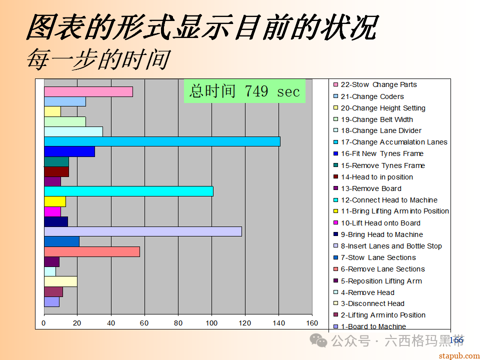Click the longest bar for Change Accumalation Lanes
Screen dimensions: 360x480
click(x=162, y=141)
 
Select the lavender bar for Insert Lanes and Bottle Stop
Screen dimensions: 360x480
click(x=142, y=231)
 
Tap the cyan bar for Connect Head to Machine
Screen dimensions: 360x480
click(x=128, y=191)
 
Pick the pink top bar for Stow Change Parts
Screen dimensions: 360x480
click(x=88, y=92)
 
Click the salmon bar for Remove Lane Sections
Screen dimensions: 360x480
click(x=92, y=251)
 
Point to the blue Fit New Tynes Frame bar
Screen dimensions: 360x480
click(x=69, y=151)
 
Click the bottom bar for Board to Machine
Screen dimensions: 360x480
click(x=51, y=302)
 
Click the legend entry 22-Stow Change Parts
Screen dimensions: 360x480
click(x=378, y=85)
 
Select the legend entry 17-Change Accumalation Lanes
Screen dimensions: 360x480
click(x=393, y=142)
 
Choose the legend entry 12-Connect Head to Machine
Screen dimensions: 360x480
click(x=389, y=200)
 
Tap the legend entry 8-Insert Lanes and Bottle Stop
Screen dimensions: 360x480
click(x=391, y=246)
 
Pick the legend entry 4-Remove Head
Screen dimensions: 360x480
click(x=367, y=292)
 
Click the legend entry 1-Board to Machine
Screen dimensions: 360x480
click(x=373, y=326)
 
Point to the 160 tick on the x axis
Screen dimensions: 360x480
click(x=312, y=323)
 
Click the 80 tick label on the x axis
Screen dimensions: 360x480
click(x=178, y=323)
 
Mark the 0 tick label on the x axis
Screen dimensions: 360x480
click(x=44, y=323)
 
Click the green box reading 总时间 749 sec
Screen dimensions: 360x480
click(x=244, y=91)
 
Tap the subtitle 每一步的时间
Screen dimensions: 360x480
click(x=98, y=59)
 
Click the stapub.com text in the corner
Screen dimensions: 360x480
click(x=458, y=355)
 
